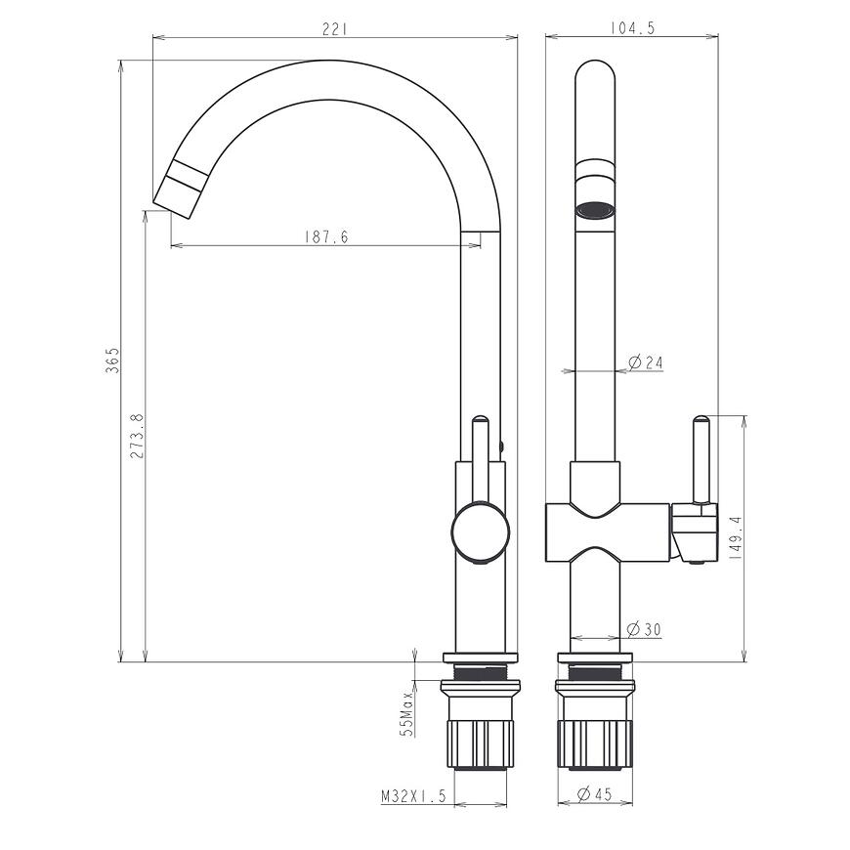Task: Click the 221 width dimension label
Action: coord(333,29)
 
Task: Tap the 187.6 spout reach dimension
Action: coord(326,236)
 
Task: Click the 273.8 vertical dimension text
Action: coord(137,436)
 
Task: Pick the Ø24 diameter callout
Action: coord(646,362)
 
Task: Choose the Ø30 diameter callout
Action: coord(645,629)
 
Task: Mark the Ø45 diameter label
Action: coord(595,795)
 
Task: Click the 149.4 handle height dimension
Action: coord(736,536)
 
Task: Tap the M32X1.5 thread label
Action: coord(413,796)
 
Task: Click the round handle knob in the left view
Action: coord(480,532)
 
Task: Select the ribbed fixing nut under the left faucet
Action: coord(479,744)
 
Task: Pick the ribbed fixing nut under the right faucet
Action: coord(595,744)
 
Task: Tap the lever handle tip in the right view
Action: coord(701,422)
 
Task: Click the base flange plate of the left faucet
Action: coord(480,658)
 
